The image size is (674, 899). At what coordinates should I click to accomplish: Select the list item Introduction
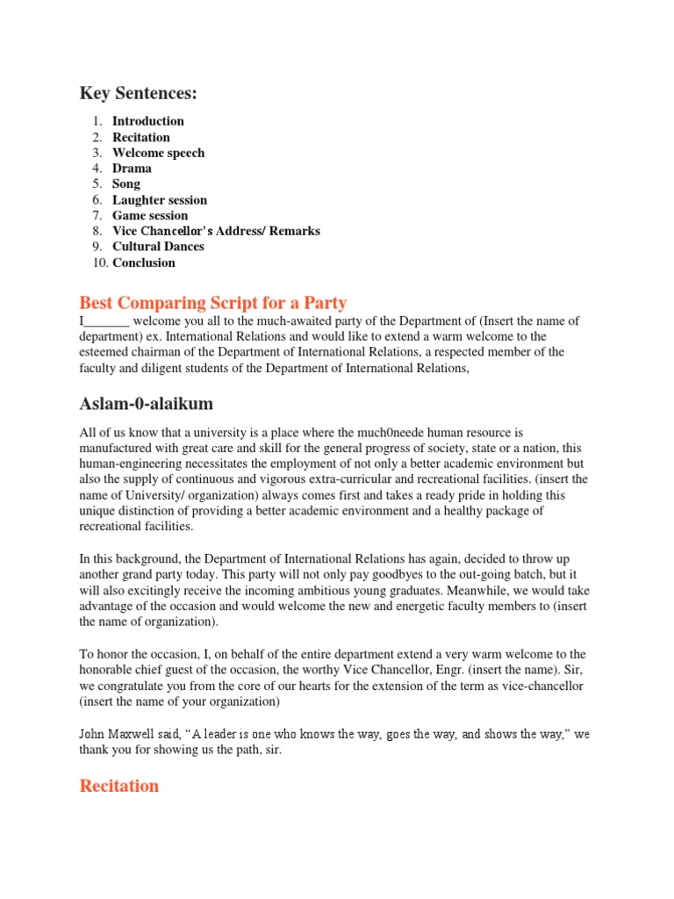147,121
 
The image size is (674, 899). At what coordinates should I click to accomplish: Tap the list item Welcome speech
158,153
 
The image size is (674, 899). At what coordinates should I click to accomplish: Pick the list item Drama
132,169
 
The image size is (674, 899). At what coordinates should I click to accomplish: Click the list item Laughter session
159,200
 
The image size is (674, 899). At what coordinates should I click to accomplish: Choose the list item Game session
149,216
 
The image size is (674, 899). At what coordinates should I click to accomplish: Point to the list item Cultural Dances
158,247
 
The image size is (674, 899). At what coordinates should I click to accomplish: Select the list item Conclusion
143,263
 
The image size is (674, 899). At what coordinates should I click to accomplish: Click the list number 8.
97,232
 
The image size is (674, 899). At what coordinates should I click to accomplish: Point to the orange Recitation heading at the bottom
119,786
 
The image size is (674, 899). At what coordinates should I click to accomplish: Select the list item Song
125,184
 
